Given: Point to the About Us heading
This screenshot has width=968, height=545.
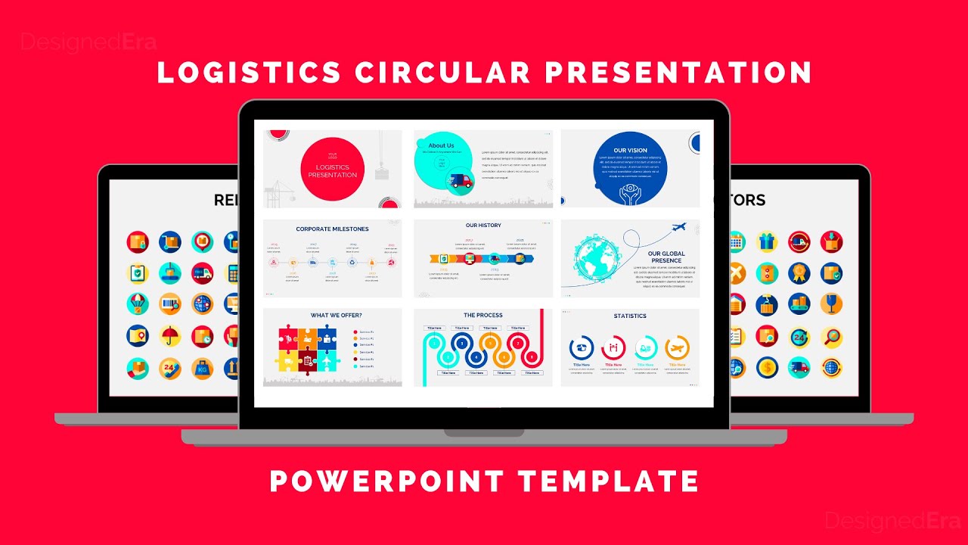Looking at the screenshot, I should coord(441,145).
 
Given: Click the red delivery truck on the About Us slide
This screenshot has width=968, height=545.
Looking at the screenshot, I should coord(459,181).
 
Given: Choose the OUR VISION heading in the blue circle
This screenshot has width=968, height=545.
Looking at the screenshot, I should coord(630,150).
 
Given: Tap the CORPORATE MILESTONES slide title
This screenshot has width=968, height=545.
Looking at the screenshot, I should coord(332,229).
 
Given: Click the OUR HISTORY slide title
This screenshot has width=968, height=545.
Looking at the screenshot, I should coord(483,226).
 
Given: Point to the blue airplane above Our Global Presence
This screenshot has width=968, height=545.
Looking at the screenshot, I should coord(678,227).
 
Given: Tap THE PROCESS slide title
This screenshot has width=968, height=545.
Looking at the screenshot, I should coord(483,315).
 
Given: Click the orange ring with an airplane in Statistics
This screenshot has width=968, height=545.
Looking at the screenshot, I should coord(677,348).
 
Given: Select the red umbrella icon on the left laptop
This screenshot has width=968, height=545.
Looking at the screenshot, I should coord(170,336).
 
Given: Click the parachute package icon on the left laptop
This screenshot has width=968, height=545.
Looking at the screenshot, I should coord(138,304).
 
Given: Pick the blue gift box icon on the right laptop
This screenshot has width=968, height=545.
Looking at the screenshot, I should coord(767,242).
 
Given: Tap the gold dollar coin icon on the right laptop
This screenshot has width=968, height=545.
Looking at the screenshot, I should coord(767,367).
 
